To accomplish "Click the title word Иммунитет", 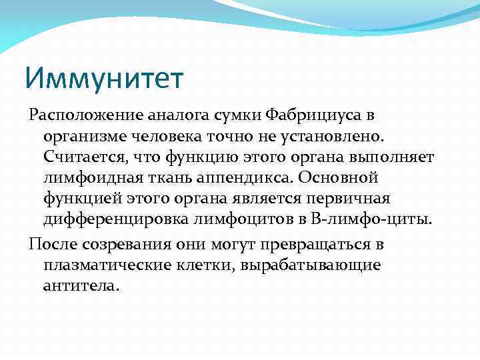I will [x=103, y=78].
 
